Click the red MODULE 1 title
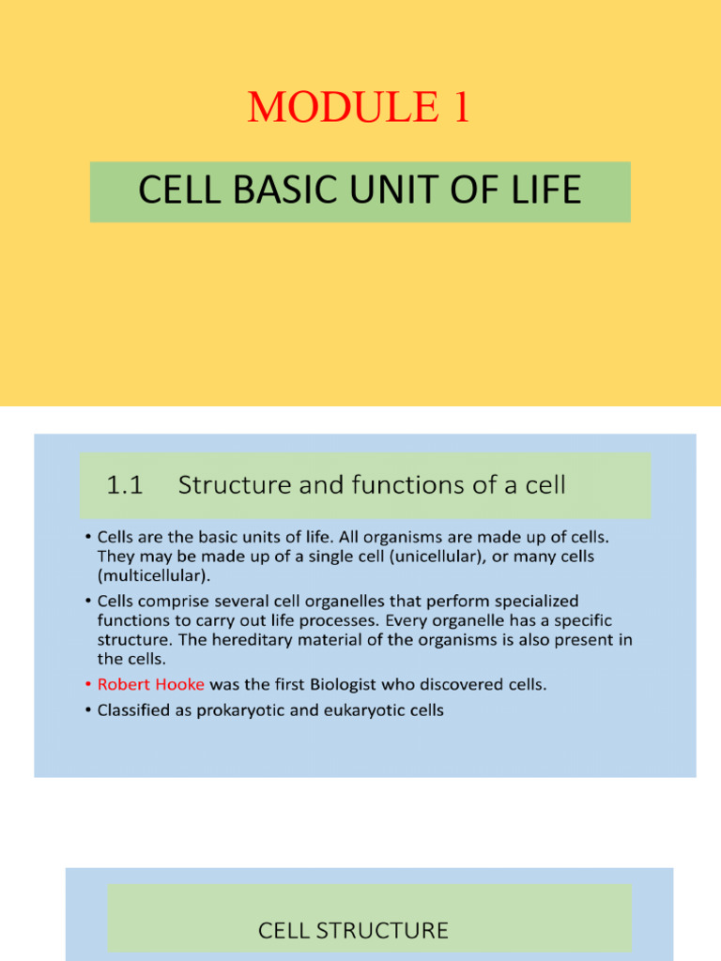(360, 108)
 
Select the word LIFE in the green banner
(544, 191)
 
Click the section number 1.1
(123, 485)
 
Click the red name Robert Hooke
(150, 684)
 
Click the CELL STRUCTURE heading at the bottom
(353, 931)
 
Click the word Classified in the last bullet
(132, 709)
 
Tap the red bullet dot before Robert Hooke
(87, 684)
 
